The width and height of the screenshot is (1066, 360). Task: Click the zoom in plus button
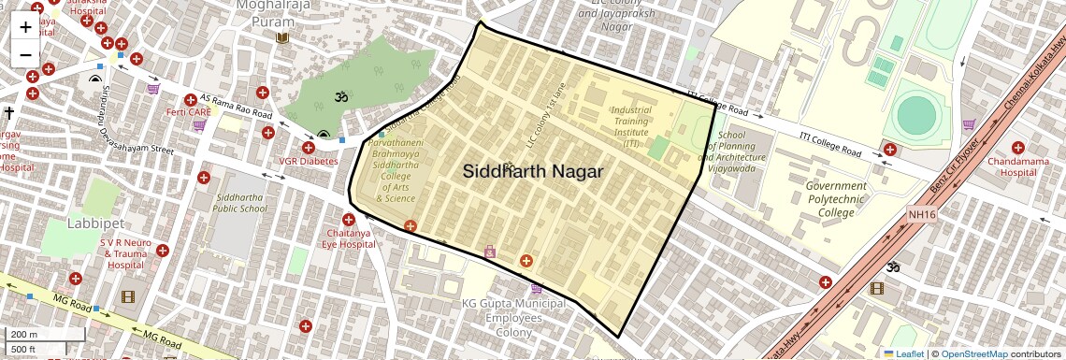coord(25,27)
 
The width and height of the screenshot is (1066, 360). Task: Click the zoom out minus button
coord(25,55)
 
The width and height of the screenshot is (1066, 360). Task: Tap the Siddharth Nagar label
coord(533,172)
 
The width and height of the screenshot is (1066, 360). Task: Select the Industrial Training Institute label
coord(631,126)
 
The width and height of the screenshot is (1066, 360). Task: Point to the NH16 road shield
coord(921,214)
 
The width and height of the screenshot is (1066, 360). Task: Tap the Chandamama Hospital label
coord(1018,166)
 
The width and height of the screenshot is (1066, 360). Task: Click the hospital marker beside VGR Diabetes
coord(309,147)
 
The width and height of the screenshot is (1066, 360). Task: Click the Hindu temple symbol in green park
coord(340,96)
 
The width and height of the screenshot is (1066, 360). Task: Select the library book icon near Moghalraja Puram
coord(282,38)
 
